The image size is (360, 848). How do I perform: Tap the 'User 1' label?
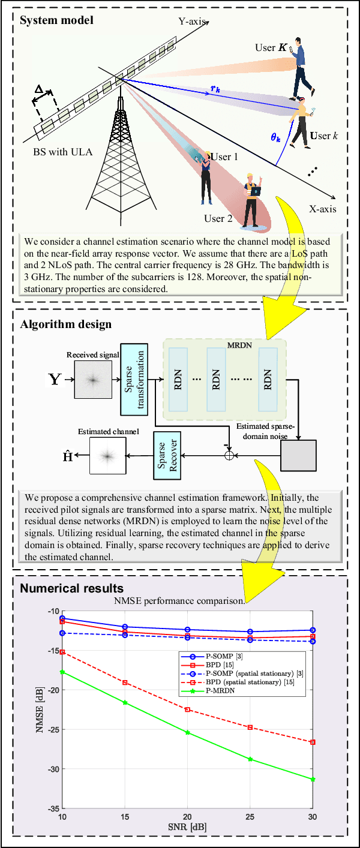tap(227, 157)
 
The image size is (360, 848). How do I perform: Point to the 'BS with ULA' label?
tap(63, 152)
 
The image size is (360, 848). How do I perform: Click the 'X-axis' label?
tap(322, 209)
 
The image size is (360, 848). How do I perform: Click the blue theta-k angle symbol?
tap(276, 137)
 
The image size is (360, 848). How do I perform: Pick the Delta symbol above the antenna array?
tap(39, 89)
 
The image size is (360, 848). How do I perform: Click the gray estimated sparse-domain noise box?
tap(298, 456)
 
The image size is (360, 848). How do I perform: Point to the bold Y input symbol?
tap(55, 379)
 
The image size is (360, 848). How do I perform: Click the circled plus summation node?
tap(228, 456)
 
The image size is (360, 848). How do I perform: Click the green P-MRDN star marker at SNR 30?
tap(313, 779)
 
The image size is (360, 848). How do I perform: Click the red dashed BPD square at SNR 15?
tap(125, 682)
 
